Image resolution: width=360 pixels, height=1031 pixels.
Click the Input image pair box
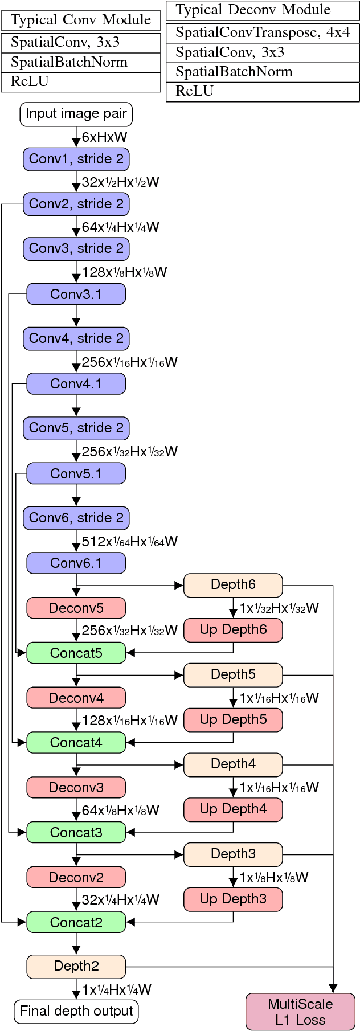(x=76, y=114)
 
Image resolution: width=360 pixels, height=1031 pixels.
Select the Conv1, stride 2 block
(x=76, y=159)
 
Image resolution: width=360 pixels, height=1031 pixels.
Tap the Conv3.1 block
(x=76, y=294)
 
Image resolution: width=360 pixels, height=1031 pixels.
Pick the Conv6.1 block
(x=76, y=563)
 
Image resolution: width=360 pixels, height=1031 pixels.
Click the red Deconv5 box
(x=76, y=608)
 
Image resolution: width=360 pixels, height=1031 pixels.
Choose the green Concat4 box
(x=76, y=742)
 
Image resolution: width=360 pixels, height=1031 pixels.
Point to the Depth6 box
(x=233, y=585)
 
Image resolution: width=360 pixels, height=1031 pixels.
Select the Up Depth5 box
(x=233, y=719)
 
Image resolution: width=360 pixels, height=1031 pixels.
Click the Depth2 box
(x=76, y=966)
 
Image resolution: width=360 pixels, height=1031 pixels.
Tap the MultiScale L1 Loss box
(x=300, y=1012)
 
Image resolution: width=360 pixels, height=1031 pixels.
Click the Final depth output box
(x=76, y=1011)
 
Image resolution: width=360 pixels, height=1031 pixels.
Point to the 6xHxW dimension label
(x=104, y=137)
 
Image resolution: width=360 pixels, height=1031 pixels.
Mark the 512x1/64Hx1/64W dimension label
(x=129, y=541)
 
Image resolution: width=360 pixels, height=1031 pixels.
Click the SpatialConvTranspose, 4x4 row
(x=263, y=33)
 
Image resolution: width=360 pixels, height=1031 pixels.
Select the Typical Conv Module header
(x=81, y=20)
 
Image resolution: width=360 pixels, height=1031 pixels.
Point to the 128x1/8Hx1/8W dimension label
(x=124, y=272)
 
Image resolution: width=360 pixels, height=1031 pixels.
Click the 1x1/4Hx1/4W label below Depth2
(x=116, y=989)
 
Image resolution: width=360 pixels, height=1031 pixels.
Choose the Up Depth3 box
(x=233, y=899)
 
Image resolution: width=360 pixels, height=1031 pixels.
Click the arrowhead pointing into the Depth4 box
(x=179, y=764)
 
